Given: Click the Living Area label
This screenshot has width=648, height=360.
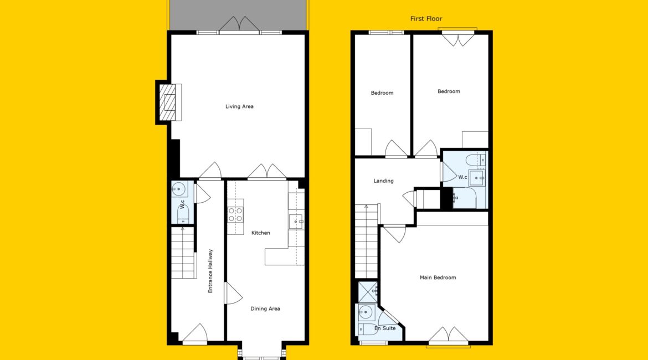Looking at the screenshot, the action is [x=239, y=107].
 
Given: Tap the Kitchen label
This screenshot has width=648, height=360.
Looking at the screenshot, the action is [x=261, y=233].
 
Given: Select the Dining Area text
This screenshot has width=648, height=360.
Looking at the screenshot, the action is [x=265, y=308].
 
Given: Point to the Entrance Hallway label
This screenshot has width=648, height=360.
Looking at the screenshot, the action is [x=210, y=271].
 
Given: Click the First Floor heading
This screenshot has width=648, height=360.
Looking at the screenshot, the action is [x=426, y=19].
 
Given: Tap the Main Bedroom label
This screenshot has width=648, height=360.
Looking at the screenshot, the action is [x=438, y=277].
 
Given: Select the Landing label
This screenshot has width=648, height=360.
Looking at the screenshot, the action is [x=383, y=181].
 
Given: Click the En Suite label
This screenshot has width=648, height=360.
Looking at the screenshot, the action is [x=385, y=328].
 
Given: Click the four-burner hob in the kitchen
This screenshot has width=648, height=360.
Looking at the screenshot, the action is [x=235, y=215].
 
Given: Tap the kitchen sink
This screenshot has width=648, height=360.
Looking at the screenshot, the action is [x=296, y=222].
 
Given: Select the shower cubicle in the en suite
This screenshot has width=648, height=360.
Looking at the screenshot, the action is [x=367, y=292].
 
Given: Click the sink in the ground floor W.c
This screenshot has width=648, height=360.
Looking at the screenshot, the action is [x=179, y=189].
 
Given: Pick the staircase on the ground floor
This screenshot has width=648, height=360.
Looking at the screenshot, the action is [x=183, y=252].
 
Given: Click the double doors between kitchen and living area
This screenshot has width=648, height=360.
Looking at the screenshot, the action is [x=267, y=172].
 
